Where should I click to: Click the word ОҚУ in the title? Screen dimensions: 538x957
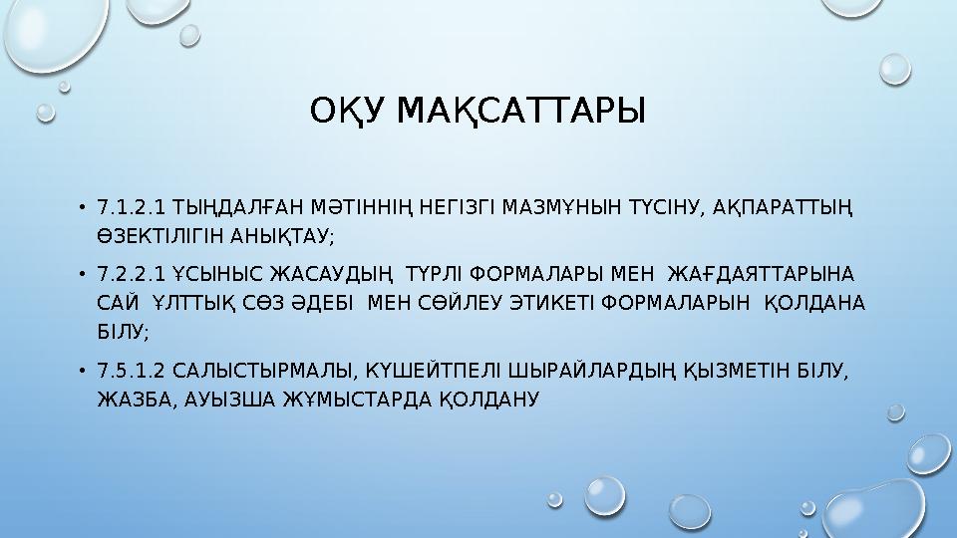pyautogui.click(x=348, y=112)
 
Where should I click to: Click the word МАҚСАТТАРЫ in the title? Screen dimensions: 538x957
pyautogui.click(x=520, y=112)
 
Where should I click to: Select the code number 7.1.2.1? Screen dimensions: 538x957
pyautogui.click(x=132, y=209)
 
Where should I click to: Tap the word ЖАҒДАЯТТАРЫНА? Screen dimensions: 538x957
pyautogui.click(x=767, y=274)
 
